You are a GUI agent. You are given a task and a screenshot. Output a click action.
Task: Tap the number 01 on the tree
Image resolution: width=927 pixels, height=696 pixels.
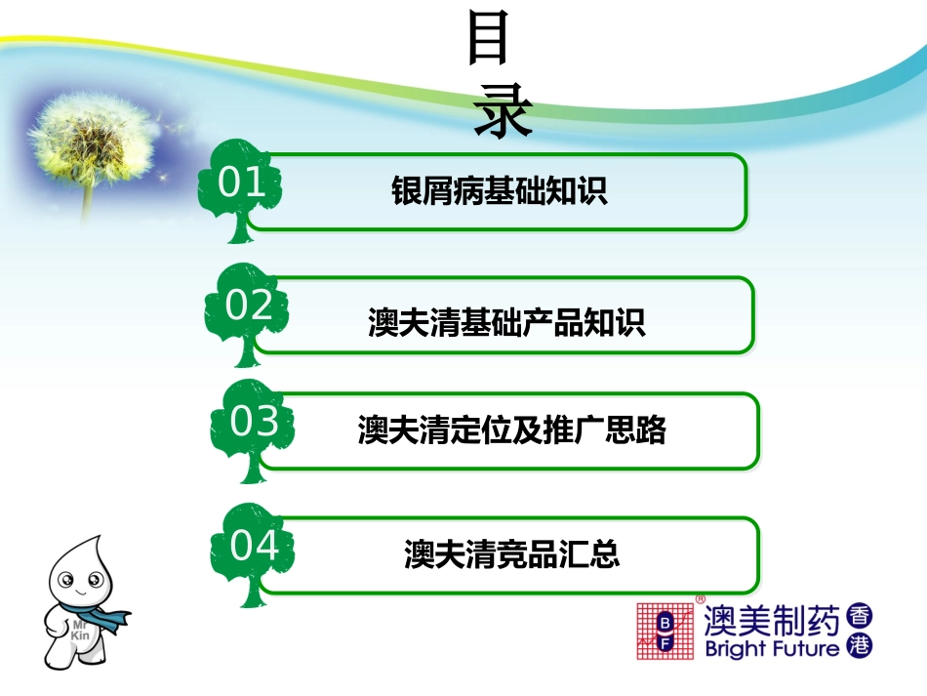pos(242,184)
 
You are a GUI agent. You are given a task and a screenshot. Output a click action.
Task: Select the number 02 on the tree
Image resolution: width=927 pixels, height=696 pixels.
pos(250,307)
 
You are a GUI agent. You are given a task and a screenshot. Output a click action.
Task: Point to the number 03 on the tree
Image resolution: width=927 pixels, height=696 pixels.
pos(255,422)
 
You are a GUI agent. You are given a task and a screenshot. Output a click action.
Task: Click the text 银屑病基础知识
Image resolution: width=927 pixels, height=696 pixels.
pos(499,191)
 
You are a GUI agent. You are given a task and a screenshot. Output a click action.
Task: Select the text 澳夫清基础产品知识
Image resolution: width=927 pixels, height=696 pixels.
pos(506,323)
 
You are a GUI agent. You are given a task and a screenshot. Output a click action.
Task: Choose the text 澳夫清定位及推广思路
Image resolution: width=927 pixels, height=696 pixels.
pos(511,430)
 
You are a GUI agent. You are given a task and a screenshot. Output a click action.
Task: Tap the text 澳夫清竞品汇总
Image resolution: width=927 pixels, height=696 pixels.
pos(511,554)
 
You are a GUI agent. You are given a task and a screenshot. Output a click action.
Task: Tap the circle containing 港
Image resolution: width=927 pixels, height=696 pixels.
pos(860,645)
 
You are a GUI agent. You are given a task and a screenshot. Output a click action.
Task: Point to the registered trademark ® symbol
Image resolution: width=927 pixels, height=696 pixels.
pos(700,598)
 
